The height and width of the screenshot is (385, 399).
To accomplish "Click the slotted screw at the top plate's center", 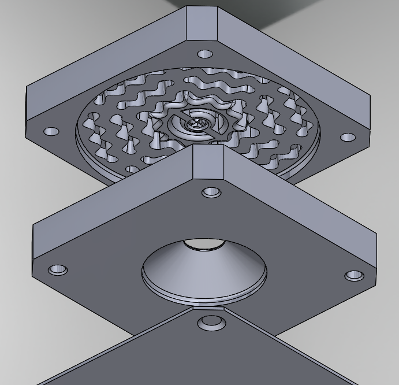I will pos(197,124).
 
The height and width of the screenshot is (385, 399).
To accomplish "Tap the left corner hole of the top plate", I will pos(52,131).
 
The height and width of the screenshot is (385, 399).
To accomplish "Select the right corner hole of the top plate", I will pos(348,138).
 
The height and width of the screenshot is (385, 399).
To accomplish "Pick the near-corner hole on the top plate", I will pos(205,54).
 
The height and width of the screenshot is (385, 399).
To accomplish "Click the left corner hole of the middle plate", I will pos(57,270).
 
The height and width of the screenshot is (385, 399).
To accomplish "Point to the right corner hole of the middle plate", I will pos(354,276).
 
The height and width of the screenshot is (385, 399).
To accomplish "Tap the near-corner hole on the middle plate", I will pos(210,192).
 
